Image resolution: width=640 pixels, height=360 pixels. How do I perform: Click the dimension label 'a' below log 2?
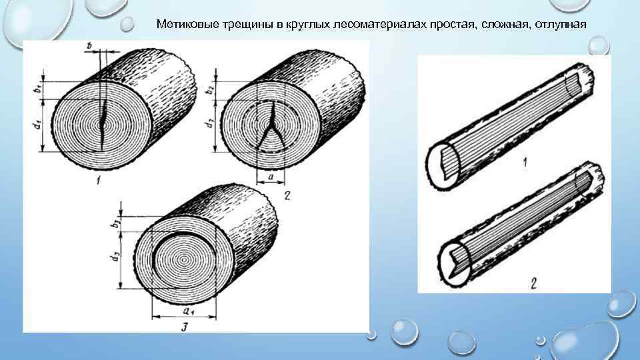click(x=271, y=178)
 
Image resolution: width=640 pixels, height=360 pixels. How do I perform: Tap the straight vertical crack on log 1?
click(x=103, y=123)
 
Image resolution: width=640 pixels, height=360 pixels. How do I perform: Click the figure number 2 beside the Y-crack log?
click(x=287, y=195)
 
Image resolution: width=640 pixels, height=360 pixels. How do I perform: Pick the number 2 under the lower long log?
click(x=534, y=283)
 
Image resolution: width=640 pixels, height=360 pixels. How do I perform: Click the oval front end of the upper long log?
click(x=441, y=165)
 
